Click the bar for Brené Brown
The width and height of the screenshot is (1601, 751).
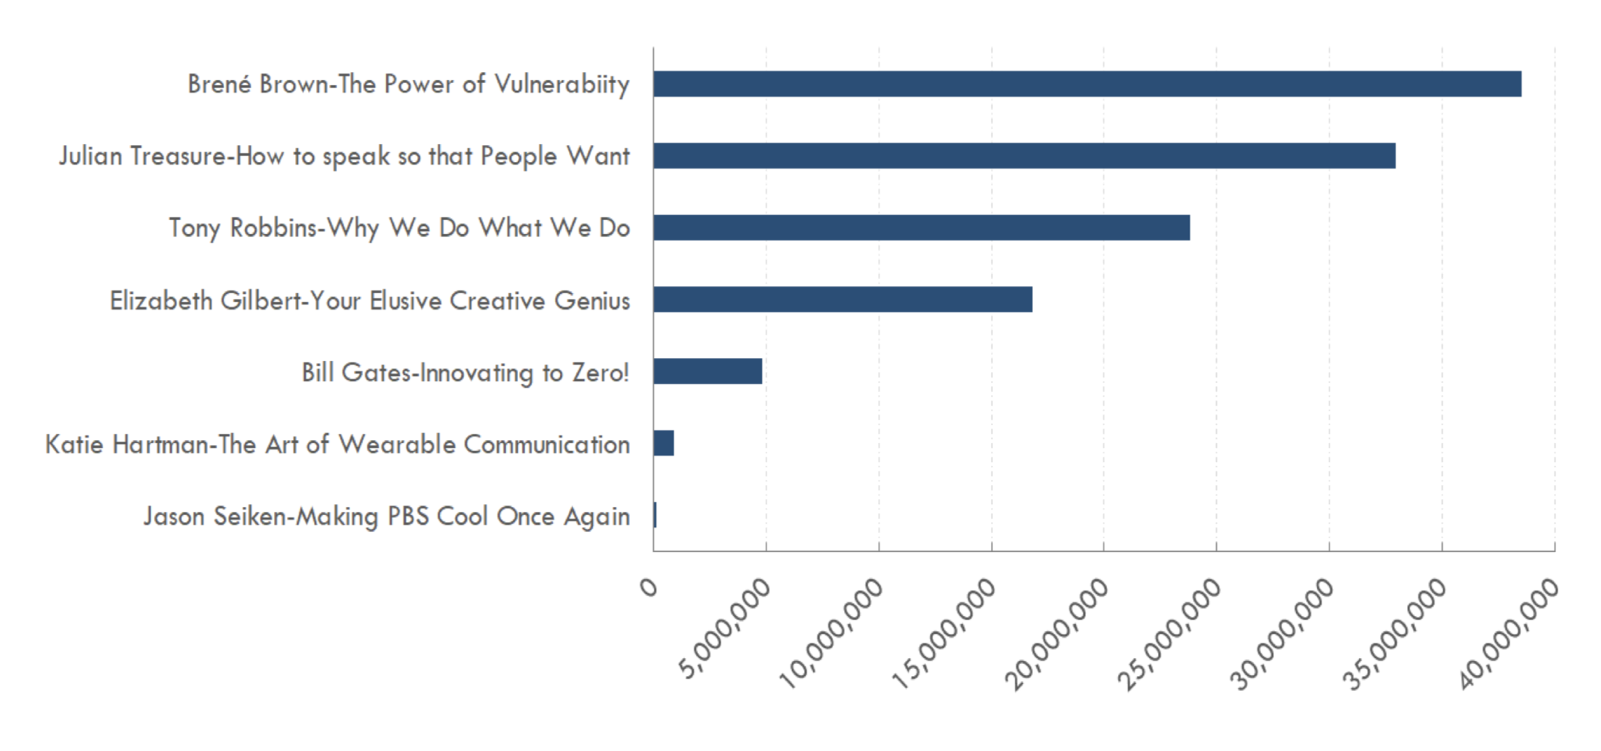pos(1087,84)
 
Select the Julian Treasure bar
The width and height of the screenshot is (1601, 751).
pos(1024,156)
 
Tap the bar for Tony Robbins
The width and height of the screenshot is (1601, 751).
pos(921,228)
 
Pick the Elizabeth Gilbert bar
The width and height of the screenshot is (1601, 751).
pos(843,300)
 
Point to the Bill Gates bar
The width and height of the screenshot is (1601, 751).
pos(708,372)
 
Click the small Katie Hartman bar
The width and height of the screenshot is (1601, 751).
pos(664,443)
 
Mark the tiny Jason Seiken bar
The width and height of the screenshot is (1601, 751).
pos(655,515)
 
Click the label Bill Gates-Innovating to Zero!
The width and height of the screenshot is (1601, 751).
pos(466,373)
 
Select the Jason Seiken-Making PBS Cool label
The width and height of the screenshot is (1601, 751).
pos(386,516)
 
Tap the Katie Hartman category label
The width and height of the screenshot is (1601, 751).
pos(338,444)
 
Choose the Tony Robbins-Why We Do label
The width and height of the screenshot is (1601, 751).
pos(400,228)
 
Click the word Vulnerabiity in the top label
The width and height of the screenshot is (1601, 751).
pos(562,84)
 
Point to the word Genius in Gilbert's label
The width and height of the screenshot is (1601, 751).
pos(592,301)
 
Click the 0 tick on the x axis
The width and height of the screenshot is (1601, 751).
pos(649,587)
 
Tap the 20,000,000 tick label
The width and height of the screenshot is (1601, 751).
pos(1057,633)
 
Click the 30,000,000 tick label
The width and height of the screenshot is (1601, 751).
pos(1283,633)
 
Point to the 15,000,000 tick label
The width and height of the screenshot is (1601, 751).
pos(944,633)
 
